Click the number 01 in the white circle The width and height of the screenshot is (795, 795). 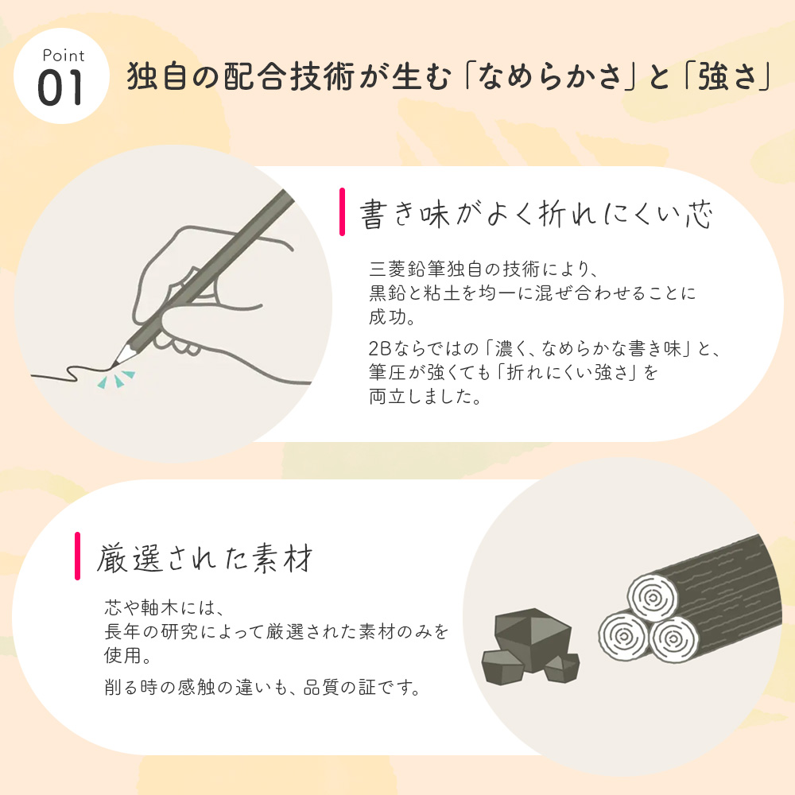(60, 88)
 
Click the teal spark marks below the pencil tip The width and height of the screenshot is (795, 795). (117, 379)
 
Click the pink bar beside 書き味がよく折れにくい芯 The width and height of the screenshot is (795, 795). (343, 211)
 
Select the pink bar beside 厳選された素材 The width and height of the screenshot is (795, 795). (78, 556)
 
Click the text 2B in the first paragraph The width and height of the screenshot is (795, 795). (380, 348)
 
